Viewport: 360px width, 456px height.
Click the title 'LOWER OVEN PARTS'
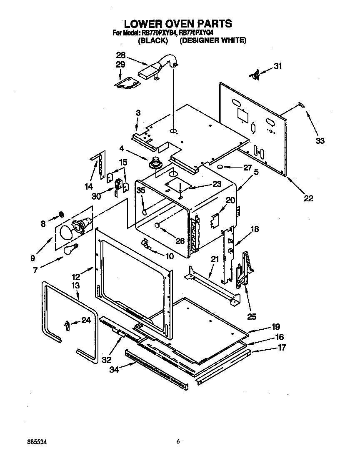pos(178,23)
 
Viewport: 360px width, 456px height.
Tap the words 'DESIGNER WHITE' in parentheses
pos(213,41)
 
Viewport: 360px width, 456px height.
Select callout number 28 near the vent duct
pos(120,55)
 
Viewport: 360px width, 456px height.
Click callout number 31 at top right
pos(277,65)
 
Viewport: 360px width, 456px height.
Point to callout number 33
pos(320,141)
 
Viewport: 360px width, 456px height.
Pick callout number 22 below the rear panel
pos(308,198)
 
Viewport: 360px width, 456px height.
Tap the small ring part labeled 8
pos(61,214)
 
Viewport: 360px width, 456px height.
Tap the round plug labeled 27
pos(219,167)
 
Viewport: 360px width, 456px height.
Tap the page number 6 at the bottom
pos(177,441)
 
